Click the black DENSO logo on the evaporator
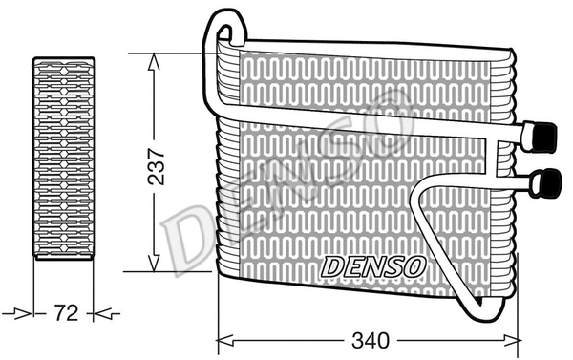pyautogui.click(x=369, y=266)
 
